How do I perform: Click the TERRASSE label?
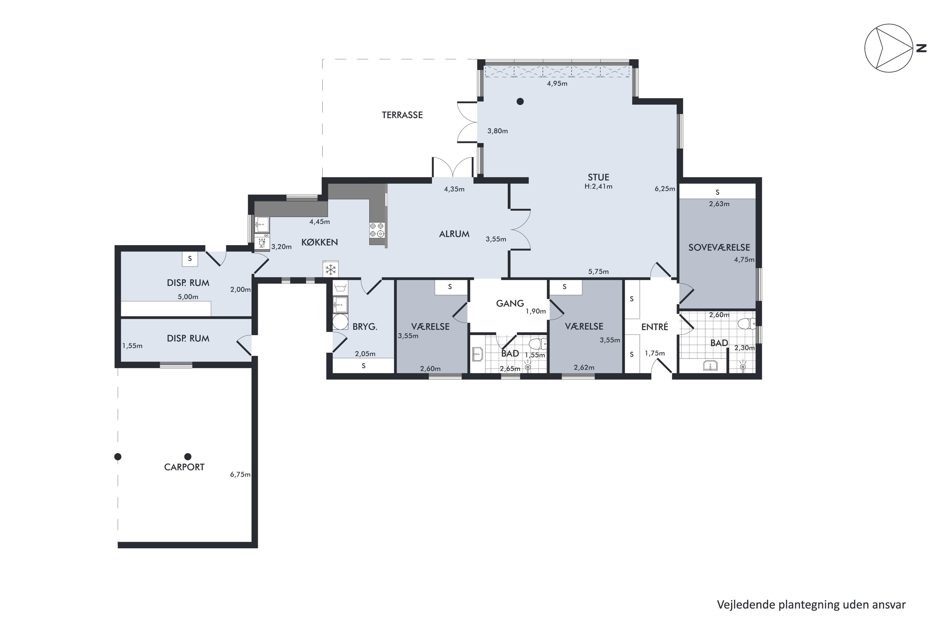[x=402, y=115]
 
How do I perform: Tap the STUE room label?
[x=598, y=177]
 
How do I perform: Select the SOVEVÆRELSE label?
[x=719, y=248]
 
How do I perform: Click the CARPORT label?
[x=184, y=467]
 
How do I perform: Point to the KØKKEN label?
[x=319, y=242]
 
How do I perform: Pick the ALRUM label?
[x=454, y=234]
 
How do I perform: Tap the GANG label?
[x=510, y=303]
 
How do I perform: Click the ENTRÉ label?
[x=655, y=327]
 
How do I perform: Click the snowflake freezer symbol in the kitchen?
[x=331, y=270]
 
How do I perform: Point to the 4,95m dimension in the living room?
[x=557, y=84]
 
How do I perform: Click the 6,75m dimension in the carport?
[x=240, y=475]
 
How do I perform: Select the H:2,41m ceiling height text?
[x=598, y=186]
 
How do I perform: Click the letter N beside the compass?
[x=921, y=48]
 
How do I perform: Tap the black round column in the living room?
[x=520, y=102]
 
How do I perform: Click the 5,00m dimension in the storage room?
[x=188, y=297]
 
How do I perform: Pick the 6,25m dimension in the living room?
[x=665, y=189]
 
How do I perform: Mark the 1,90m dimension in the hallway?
[x=535, y=312]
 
